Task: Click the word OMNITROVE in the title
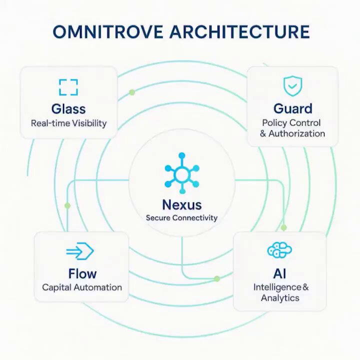[x=107, y=31]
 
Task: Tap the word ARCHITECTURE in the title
[x=239, y=31]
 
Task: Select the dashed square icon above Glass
[x=68, y=87]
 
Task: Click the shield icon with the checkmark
[x=292, y=86]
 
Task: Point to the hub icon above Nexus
[x=182, y=173]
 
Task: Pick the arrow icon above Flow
[x=80, y=251]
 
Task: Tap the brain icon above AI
[x=279, y=250]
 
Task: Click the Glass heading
[x=68, y=109]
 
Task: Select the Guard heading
[x=292, y=108]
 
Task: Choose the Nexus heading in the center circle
[x=182, y=204]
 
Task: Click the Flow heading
[x=82, y=273]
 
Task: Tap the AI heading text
[x=279, y=273]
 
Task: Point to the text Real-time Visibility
[x=68, y=123]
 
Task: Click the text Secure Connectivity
[x=181, y=217]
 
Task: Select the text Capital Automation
[x=82, y=287]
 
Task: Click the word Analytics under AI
[x=280, y=298]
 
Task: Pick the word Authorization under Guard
[x=296, y=133]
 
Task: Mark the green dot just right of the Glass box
[x=132, y=92]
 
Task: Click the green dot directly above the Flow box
[x=67, y=205]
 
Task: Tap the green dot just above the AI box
[x=284, y=227]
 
